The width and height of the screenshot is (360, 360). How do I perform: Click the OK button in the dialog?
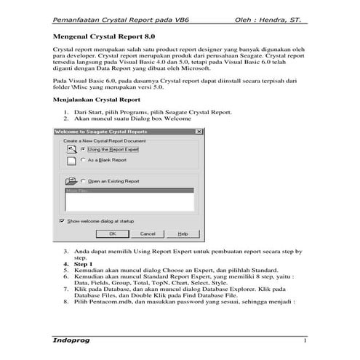click(113, 233)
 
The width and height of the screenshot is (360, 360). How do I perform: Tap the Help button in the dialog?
click(183, 233)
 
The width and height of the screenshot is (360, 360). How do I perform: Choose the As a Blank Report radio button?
click(84, 160)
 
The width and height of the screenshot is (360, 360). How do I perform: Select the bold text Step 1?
click(84, 263)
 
